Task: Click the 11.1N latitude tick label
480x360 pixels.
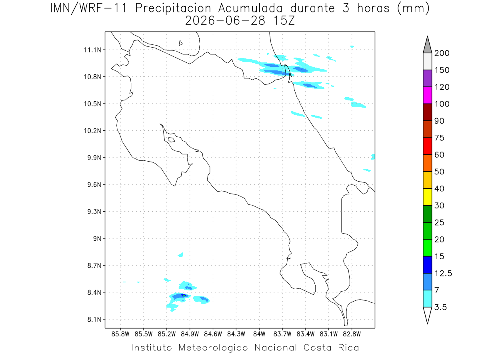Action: tap(92, 50)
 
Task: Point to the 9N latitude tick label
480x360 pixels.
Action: tap(97, 238)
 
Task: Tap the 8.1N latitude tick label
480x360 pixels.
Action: tap(94, 319)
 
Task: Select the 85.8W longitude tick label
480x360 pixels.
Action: tap(120, 334)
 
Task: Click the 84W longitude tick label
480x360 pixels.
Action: tap(259, 334)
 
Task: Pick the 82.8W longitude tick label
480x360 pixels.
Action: tap(352, 334)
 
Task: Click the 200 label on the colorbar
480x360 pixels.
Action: tap(442, 53)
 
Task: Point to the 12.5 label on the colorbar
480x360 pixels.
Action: tap(443, 274)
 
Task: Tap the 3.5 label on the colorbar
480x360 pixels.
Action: tap(440, 307)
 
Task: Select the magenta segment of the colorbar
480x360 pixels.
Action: tap(427, 95)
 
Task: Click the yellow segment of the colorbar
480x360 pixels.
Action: tap(427, 197)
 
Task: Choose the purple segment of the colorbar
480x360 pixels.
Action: tap(427, 78)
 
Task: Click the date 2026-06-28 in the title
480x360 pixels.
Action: tap(225, 21)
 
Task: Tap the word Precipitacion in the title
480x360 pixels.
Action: tap(173, 8)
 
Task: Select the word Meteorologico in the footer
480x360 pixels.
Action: tap(213, 348)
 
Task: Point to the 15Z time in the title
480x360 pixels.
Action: tap(284, 21)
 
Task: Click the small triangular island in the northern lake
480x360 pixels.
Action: tap(180, 43)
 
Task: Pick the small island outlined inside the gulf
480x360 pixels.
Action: tap(172, 140)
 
